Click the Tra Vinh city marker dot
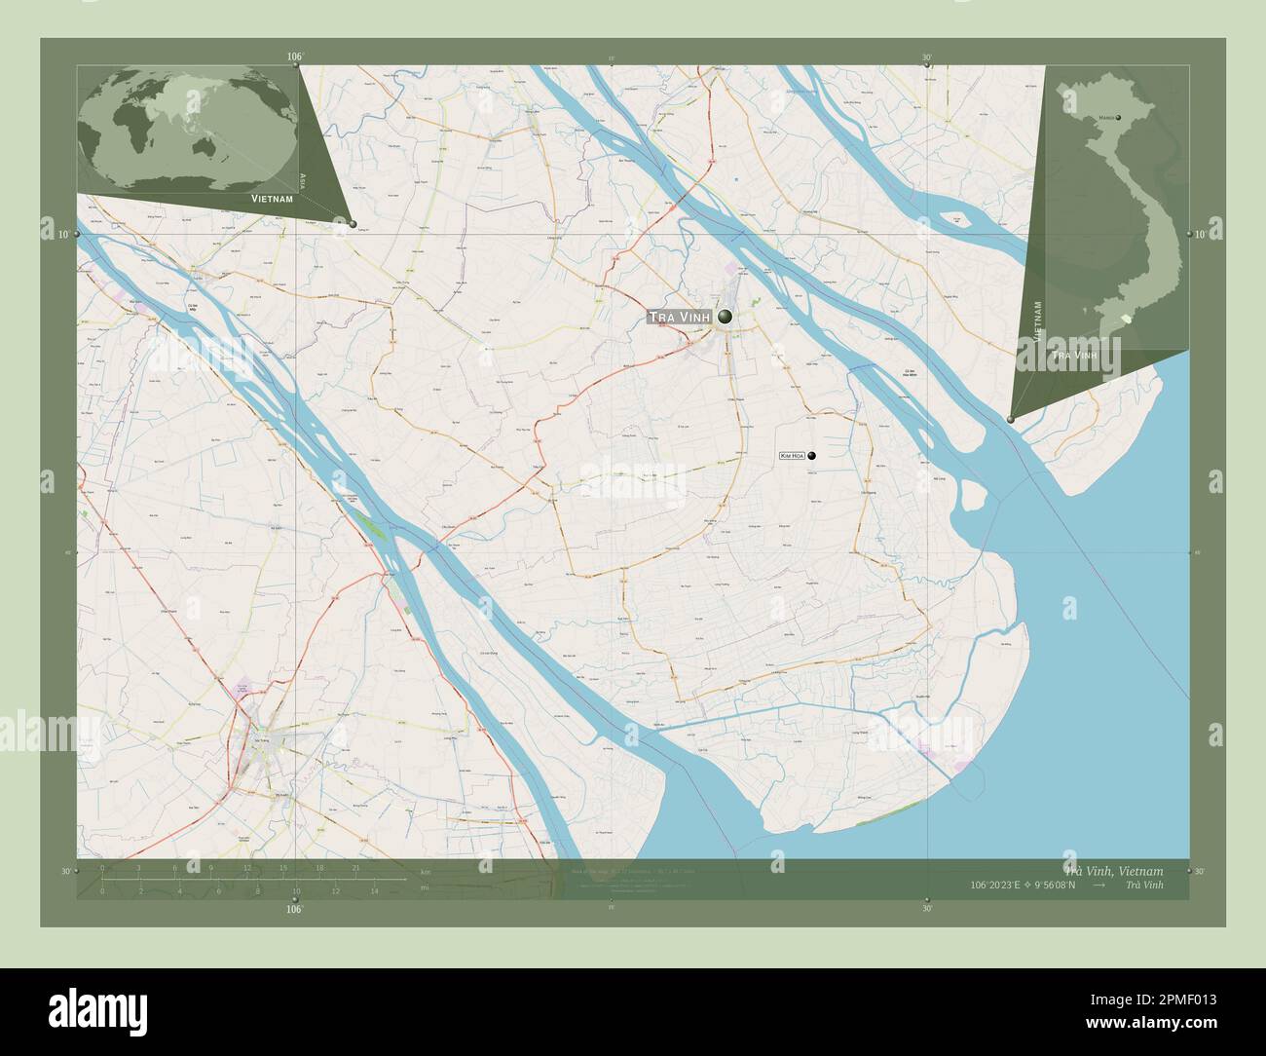[x=726, y=317]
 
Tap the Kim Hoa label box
[x=792, y=455]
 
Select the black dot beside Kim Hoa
[x=811, y=455]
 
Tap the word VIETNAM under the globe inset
[x=272, y=198]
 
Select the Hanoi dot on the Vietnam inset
[x=1118, y=118]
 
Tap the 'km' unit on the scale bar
[x=425, y=871]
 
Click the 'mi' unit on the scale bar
[x=425, y=886]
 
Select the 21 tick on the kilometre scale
[x=357, y=867]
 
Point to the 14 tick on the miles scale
[x=374, y=890]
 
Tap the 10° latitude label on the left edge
[x=62, y=235]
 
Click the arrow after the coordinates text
[x=1098, y=885]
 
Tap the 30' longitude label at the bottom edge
[x=927, y=907]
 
